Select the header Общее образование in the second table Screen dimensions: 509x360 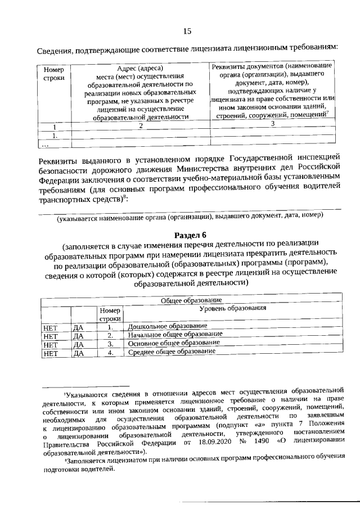tap(191, 301)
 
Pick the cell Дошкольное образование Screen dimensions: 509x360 tap(168, 326)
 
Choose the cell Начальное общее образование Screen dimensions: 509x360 tap(175, 335)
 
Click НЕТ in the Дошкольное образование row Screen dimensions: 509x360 tap(51, 327)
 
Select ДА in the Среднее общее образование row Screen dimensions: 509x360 tap(78, 353)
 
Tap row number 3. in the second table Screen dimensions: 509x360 tap(111, 344)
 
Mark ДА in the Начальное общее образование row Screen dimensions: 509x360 tap(78, 336)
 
